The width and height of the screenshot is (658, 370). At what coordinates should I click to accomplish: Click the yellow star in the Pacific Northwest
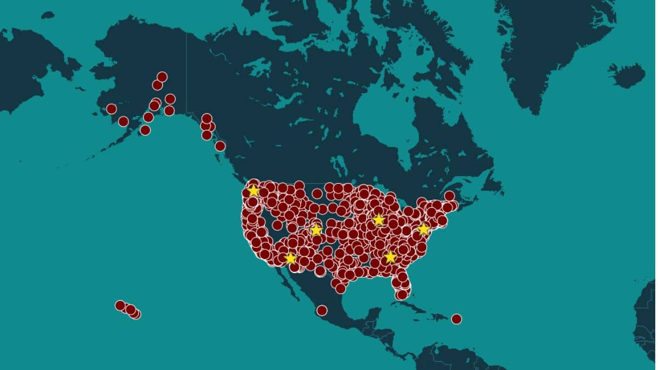[253, 190]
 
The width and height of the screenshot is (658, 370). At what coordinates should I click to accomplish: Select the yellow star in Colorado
[316, 230]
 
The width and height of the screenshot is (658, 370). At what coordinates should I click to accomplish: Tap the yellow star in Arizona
[290, 258]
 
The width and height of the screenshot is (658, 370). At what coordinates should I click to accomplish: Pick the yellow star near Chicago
[378, 220]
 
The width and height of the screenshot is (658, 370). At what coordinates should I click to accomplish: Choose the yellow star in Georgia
[390, 257]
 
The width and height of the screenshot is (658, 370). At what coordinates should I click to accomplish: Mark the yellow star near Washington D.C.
[423, 229]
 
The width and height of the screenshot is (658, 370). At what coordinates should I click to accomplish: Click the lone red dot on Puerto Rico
[456, 319]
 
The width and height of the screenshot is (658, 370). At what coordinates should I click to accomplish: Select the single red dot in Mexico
[322, 311]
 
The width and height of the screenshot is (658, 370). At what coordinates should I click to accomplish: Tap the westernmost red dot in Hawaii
[120, 305]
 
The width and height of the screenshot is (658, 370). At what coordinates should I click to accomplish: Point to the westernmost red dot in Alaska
[111, 109]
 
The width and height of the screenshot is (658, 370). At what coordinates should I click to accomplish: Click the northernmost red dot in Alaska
[162, 77]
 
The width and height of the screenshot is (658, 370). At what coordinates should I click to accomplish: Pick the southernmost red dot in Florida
[402, 295]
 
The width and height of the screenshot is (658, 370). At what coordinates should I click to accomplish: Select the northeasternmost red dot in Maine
[449, 196]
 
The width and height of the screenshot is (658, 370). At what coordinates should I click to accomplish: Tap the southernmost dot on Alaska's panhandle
[220, 146]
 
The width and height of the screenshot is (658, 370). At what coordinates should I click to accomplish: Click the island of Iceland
[627, 76]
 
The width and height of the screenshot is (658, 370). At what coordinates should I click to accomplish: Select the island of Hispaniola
[436, 316]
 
